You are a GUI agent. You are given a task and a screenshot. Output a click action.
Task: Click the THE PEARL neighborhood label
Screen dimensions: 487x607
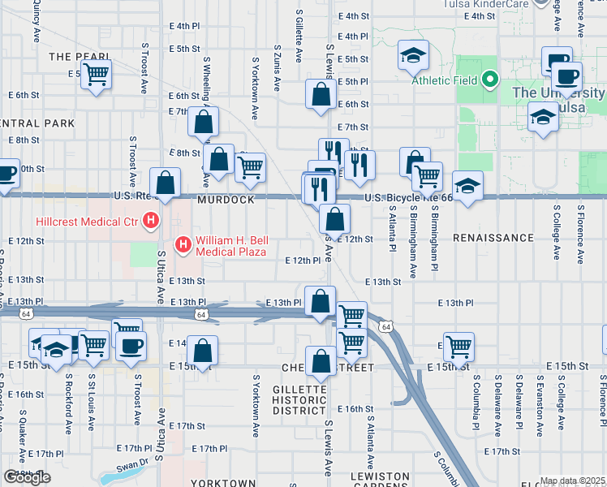pyautogui.click(x=74, y=57)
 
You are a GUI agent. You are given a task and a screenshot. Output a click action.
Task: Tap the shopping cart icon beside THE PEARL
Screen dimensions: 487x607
pyautogui.click(x=97, y=75)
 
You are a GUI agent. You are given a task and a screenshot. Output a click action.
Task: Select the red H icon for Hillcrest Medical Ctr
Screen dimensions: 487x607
pyautogui.click(x=150, y=220)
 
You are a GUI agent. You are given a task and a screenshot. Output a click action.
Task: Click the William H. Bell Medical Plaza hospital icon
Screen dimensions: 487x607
pyautogui.click(x=183, y=243)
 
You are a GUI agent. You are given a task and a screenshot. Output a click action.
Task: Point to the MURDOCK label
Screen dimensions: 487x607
pyautogui.click(x=224, y=200)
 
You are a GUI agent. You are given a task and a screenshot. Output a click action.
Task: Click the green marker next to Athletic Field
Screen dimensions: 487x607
pyautogui.click(x=489, y=80)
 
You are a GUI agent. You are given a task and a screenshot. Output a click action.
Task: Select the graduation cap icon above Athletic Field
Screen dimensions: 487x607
pyautogui.click(x=414, y=56)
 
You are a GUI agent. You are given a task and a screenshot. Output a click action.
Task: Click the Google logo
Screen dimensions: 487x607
pyautogui.click(x=27, y=477)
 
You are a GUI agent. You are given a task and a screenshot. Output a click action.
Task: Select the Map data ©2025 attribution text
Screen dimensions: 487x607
pyautogui.click(x=571, y=481)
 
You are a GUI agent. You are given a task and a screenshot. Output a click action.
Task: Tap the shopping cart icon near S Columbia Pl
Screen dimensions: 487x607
pyautogui.click(x=458, y=347)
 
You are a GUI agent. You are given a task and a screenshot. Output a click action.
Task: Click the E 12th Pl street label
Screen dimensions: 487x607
pyautogui.click(x=303, y=261)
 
